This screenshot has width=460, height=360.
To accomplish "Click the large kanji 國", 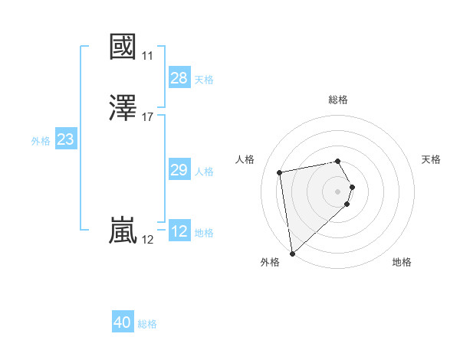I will pyautogui.click(x=123, y=47).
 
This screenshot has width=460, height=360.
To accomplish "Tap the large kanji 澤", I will pyautogui.click(x=123, y=108).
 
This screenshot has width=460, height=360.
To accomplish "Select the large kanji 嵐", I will pyautogui.click(x=123, y=231).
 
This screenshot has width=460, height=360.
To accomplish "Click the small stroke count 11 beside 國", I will pyautogui.click(x=147, y=56).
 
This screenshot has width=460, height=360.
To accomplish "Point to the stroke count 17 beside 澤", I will pyautogui.click(x=148, y=117).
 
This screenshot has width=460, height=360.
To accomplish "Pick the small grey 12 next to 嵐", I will pyautogui.click(x=147, y=240).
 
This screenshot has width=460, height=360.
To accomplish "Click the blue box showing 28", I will pyautogui.click(x=179, y=78).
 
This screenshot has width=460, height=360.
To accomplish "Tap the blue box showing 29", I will pyautogui.click(x=179, y=170).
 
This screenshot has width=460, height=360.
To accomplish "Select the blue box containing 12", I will pyautogui.click(x=179, y=231).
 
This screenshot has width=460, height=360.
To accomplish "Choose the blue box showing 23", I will pyautogui.click(x=65, y=139).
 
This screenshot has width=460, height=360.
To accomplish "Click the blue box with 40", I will pyautogui.click(x=123, y=322).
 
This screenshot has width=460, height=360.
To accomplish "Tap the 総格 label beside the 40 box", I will pyautogui.click(x=147, y=324).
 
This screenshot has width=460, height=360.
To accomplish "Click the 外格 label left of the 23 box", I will pyautogui.click(x=41, y=141).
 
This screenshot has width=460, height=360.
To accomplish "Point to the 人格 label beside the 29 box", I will pyautogui.click(x=205, y=172).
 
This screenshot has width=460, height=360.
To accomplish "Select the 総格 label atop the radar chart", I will pyautogui.click(x=338, y=100).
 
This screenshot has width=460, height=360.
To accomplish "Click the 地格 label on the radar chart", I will pyautogui.click(x=402, y=262).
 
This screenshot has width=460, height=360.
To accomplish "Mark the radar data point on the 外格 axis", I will pyautogui.click(x=292, y=253).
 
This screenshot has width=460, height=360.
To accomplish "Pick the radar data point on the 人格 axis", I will pyautogui.click(x=280, y=172).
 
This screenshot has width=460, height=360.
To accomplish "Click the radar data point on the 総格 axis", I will pyautogui.click(x=338, y=161).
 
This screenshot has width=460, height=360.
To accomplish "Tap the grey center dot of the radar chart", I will pyautogui.click(x=338, y=191).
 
